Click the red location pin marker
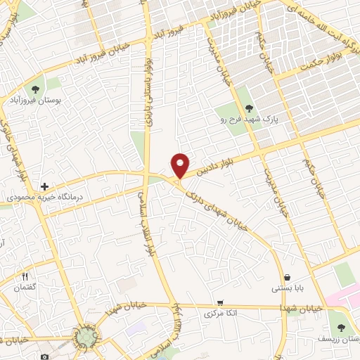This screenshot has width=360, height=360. point(181,165)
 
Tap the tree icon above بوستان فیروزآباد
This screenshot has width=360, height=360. point(35,89)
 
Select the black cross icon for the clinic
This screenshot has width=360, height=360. point(44,187)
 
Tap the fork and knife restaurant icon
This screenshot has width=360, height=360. point(25,276)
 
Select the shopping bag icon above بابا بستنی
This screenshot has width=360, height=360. point(288,276)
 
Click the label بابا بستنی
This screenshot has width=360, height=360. point(287,289)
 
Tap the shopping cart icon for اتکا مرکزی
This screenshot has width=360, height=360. point(220,302)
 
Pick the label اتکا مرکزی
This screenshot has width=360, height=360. point(219,313)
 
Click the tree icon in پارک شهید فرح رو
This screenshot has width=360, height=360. point(249,108)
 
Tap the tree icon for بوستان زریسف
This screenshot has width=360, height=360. point(342,328)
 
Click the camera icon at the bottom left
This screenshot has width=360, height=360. point(45,356)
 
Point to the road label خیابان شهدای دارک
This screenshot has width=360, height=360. point(214,205)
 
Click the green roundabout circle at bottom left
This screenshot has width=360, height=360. point(86,338)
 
